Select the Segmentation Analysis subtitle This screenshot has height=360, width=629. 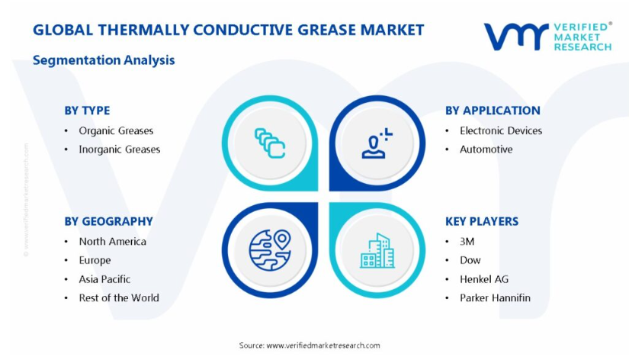click(x=104, y=60)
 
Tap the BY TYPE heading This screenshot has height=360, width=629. click(x=87, y=111)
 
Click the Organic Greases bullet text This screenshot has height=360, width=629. click(x=116, y=131)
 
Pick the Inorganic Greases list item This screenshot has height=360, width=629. click(x=120, y=149)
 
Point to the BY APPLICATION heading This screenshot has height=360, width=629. click(x=493, y=111)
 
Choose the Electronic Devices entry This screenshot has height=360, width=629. click(x=501, y=131)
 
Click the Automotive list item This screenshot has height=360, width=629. click(x=486, y=149)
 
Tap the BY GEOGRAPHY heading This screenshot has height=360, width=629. click(x=109, y=221)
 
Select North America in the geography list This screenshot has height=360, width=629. click(x=112, y=242)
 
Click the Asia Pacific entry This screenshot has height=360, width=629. click(x=104, y=279)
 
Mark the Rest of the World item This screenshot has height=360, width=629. click(x=119, y=297)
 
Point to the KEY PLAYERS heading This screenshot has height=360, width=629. click(x=482, y=221)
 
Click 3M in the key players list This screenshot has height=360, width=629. click(x=467, y=242)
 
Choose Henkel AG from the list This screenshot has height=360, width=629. click(x=484, y=279)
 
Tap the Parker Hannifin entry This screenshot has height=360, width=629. click(x=495, y=297)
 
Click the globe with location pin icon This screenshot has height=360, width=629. click(x=270, y=249)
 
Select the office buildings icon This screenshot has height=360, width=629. click(x=377, y=250)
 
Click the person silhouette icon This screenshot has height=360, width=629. click(x=377, y=143)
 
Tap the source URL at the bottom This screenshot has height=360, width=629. click(x=323, y=346)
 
